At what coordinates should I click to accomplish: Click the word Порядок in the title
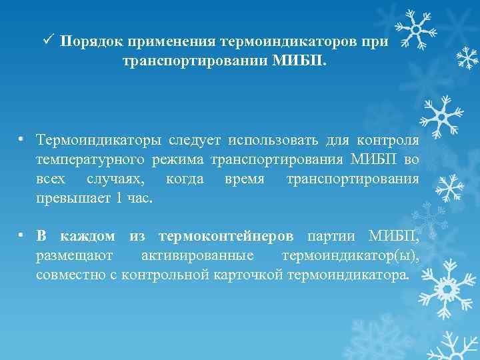[x=86, y=42]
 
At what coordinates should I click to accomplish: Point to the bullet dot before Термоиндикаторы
[x=23, y=140]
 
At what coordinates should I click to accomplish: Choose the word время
[x=245, y=180]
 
